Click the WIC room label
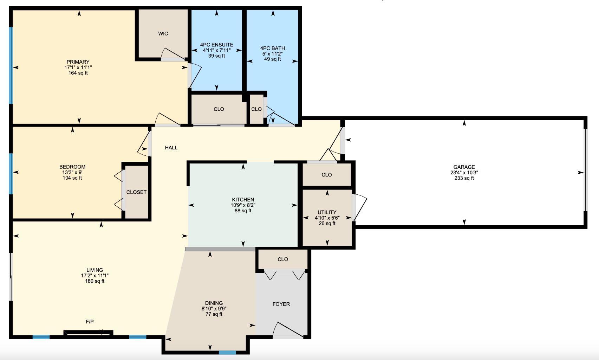click(163, 34)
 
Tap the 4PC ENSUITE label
click(216, 45)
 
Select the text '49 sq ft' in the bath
click(272, 59)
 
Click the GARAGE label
click(464, 167)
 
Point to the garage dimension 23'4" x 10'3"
click(464, 173)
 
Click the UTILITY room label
click(327, 212)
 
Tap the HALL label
click(171, 148)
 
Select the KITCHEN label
click(243, 200)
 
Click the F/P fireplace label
click(90, 322)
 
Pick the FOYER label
click(281, 304)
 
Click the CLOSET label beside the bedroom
click(136, 192)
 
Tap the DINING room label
click(214, 303)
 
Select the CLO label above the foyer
click(282, 259)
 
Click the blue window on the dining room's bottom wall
click(227, 352)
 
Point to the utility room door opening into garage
click(359, 207)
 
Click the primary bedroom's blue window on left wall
click(11, 65)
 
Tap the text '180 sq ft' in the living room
click(95, 281)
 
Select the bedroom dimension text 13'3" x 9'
click(72, 173)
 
